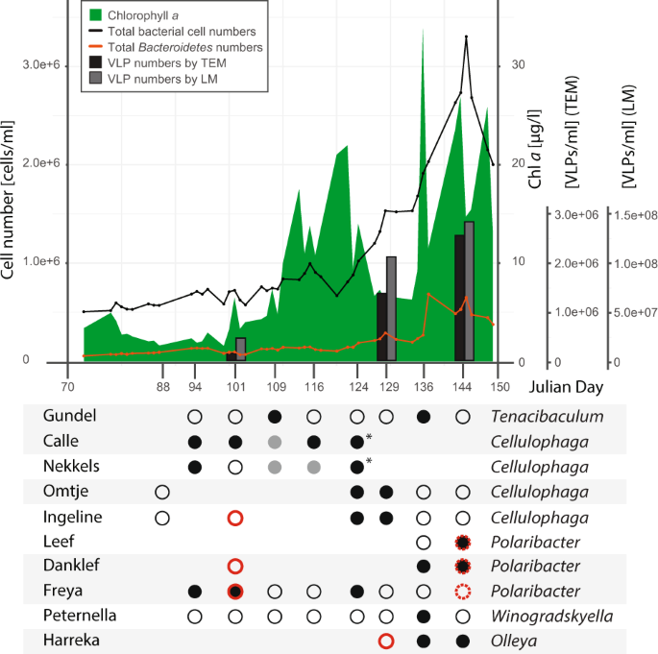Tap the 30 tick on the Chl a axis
click(x=520, y=64)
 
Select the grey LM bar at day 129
click(x=391, y=308)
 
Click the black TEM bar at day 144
click(x=459, y=298)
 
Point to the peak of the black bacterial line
click(x=466, y=37)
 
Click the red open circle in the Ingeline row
click(x=235, y=518)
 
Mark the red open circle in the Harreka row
click(x=386, y=642)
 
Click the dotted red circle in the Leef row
click(x=464, y=542)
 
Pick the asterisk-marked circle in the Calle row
click(x=357, y=442)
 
